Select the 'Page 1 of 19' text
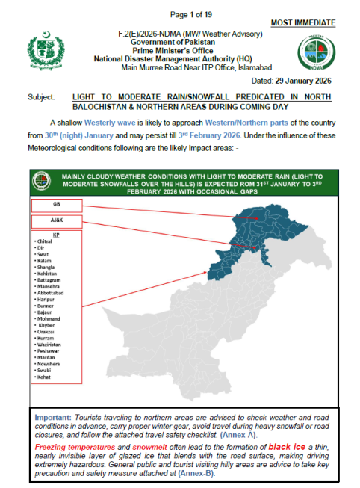pos(191,15)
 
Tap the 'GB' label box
pos(58,204)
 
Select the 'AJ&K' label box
pos(58,221)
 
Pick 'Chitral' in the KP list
pos(45,243)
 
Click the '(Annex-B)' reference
pos(198,473)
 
